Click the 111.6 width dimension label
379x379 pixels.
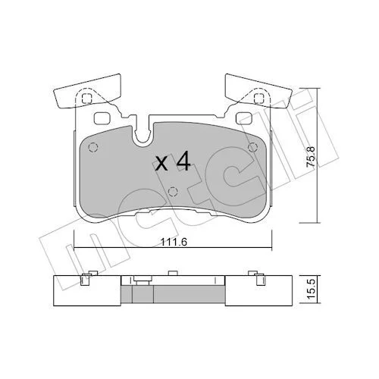[x=174, y=243]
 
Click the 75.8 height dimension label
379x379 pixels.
[x=311, y=157]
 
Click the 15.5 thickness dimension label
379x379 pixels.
[x=312, y=289]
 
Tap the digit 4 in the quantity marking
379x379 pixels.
[x=183, y=161]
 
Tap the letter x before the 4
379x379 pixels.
[x=161, y=164]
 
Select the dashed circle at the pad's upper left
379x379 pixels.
[x=93, y=147]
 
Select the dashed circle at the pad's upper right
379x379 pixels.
[x=252, y=147]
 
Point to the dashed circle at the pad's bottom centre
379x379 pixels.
[x=173, y=192]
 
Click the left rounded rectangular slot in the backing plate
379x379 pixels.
[x=102, y=118]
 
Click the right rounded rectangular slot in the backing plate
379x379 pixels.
[x=244, y=118]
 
